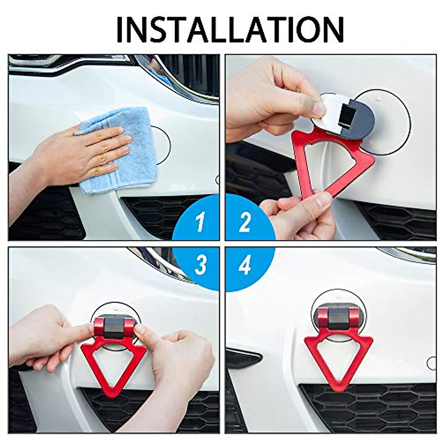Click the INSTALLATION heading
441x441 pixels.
point(230,29)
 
